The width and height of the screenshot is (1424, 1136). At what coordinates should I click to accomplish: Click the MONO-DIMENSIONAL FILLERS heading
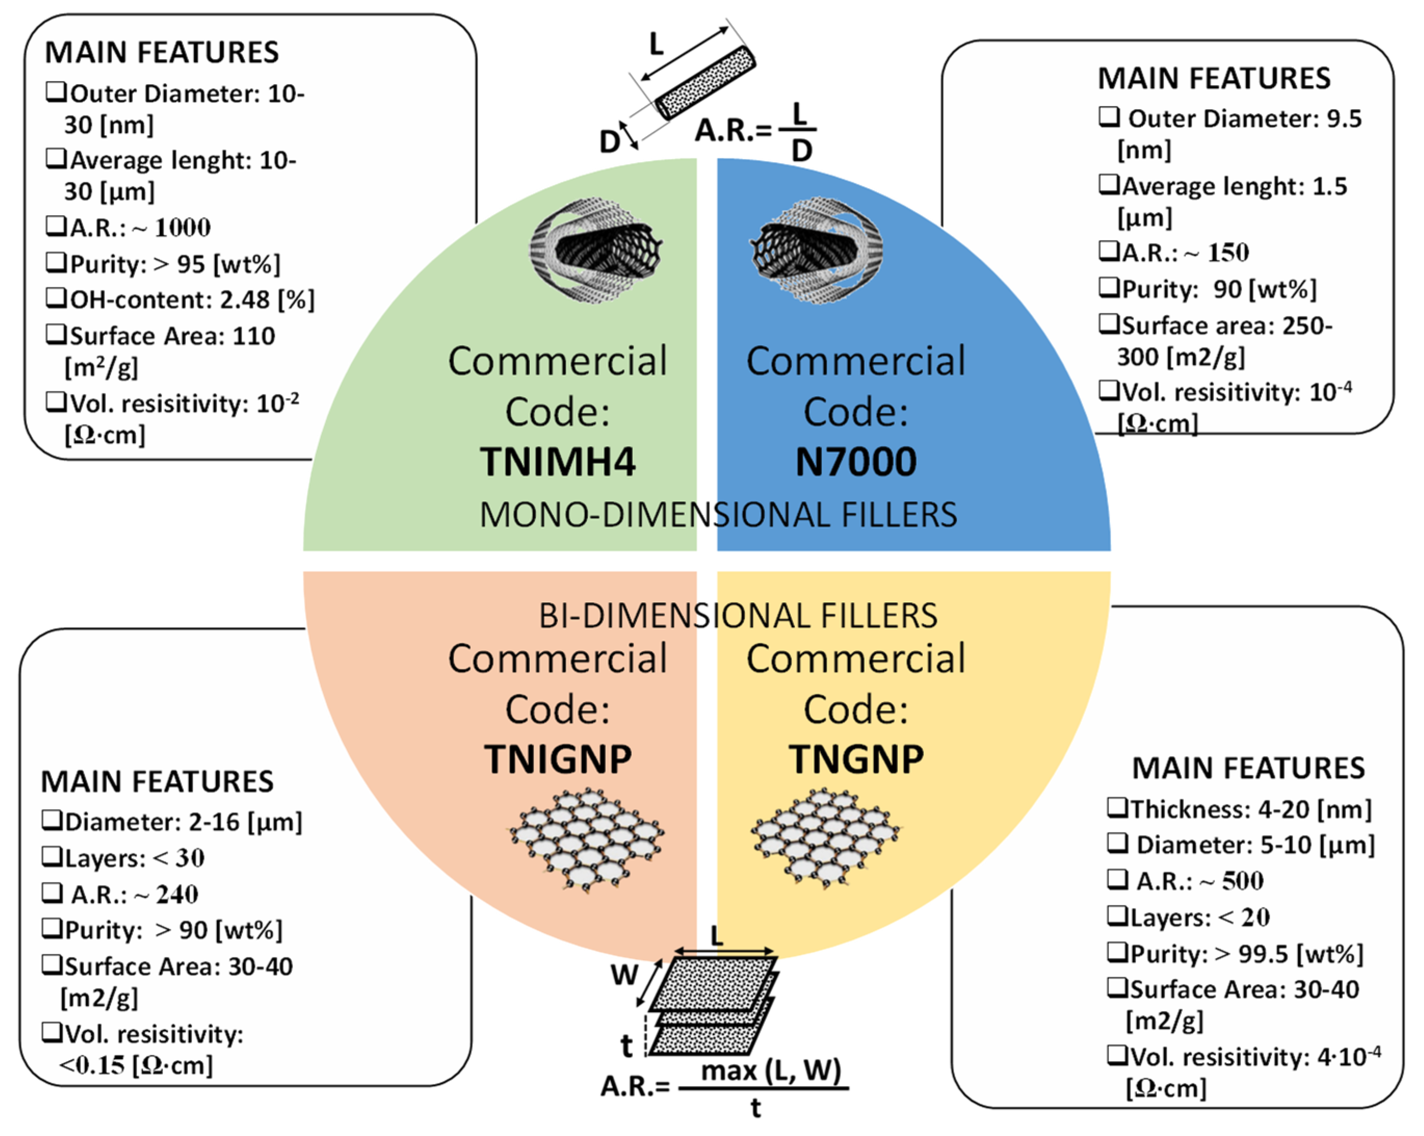click(718, 515)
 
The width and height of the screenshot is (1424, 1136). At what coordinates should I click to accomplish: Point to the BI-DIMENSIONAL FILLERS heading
click(738, 616)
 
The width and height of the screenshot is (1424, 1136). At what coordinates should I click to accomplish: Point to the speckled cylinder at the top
click(705, 83)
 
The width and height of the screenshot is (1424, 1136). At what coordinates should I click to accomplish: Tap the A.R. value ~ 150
click(1219, 252)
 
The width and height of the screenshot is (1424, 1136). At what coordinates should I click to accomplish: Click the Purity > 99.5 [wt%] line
click(1246, 953)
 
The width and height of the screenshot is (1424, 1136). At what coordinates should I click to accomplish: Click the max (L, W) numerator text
click(771, 1070)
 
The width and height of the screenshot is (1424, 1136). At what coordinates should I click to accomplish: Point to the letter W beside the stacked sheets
click(624, 975)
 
